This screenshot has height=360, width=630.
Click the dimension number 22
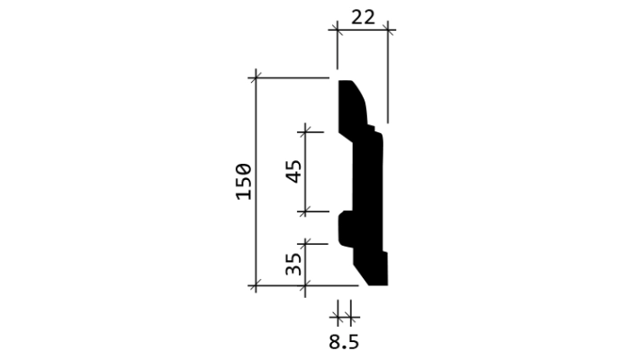coord(363,18)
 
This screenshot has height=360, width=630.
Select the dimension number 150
coord(244,182)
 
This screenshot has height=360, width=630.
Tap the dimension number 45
coord(293,172)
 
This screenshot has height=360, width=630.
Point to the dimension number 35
coord(293,264)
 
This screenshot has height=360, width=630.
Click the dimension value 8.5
coord(344,342)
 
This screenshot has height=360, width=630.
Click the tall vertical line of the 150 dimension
coord(256,181)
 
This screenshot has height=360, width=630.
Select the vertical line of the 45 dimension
coord(305,172)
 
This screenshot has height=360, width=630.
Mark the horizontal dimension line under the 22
coord(362,30)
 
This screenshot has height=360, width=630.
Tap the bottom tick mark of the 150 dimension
coord(256,286)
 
